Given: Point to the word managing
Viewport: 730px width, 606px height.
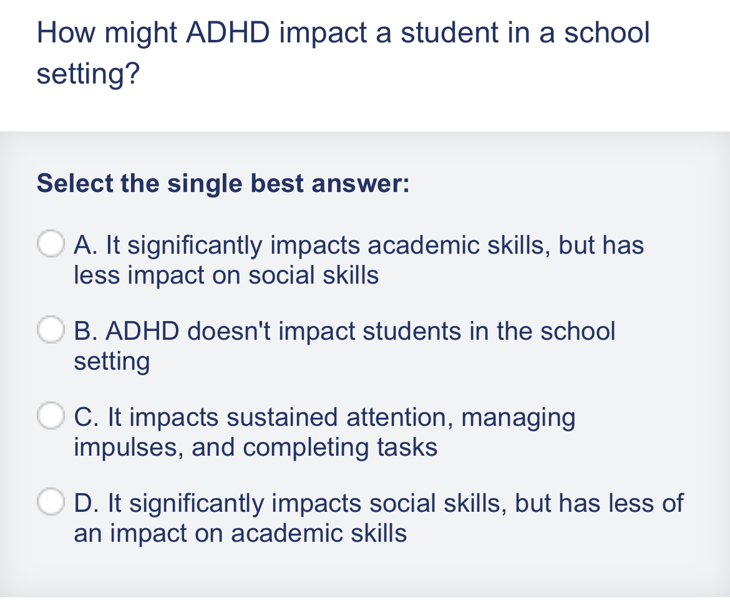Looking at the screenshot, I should [x=518, y=416].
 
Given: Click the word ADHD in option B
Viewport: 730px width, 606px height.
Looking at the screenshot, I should [x=143, y=330].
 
